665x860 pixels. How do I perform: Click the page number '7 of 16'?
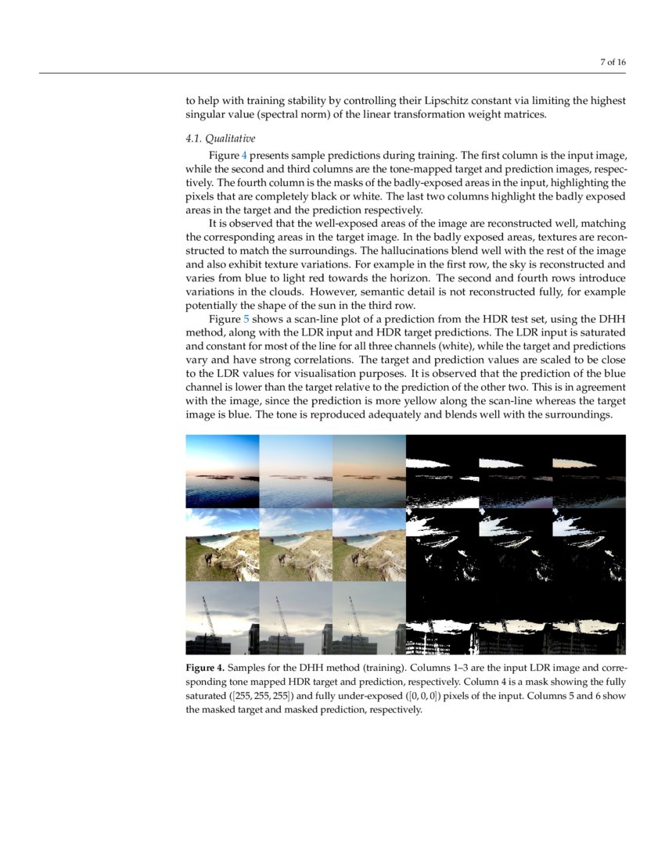pyautogui.click(x=613, y=63)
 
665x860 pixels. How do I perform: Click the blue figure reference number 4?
pyautogui.click(x=244, y=155)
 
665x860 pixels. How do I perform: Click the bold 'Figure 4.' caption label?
pyautogui.click(x=205, y=668)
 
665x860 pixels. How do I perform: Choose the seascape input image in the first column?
pyautogui.click(x=222, y=471)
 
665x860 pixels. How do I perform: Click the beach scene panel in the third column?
pyautogui.click(x=368, y=544)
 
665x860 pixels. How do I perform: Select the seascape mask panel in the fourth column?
pyautogui.click(x=442, y=471)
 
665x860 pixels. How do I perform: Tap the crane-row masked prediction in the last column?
pyautogui.click(x=589, y=618)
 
